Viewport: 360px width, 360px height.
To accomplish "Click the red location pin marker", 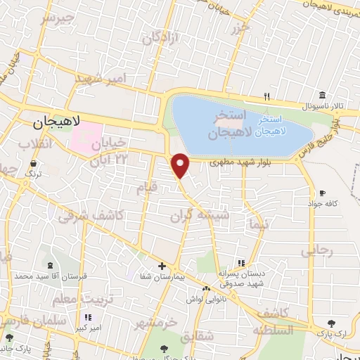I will coord(181,165).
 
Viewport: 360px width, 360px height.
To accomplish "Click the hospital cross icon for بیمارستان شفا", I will coord(162,266).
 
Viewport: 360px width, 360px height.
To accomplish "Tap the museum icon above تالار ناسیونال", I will coord(321,94).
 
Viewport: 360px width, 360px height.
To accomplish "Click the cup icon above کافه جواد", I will coord(322,193).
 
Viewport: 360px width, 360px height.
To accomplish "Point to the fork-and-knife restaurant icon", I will coord(266,96).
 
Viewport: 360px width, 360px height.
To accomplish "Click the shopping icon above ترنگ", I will coord(33,162).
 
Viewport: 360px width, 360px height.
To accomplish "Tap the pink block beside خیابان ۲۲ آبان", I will coord(85,136).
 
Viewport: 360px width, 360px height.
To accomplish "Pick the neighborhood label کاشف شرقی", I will coord(91,215).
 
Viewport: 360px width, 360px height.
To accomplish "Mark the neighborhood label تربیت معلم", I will coord(65,299).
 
